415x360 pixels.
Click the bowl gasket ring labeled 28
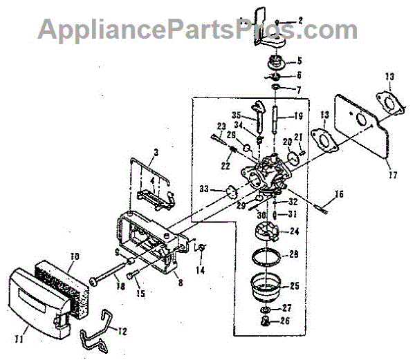pyautogui.click(x=266, y=256)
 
